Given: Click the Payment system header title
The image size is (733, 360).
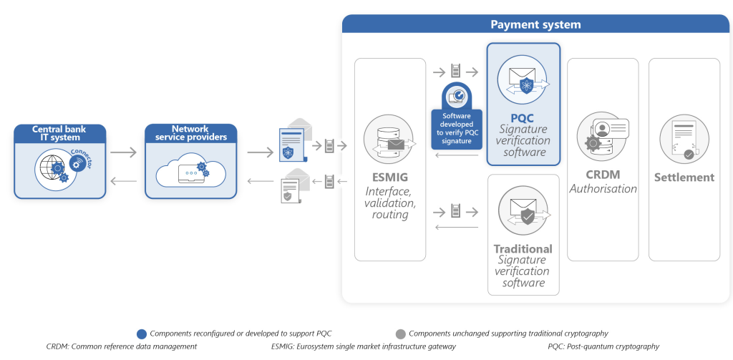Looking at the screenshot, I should click(x=535, y=24).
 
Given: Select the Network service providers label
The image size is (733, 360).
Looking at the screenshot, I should click(x=190, y=133).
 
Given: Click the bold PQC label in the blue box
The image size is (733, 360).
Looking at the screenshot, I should click(x=523, y=117).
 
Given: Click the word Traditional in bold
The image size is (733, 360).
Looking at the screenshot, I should click(x=523, y=249).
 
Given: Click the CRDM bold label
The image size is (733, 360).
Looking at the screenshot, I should click(x=603, y=175).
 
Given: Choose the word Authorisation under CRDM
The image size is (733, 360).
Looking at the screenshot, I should click(x=603, y=189).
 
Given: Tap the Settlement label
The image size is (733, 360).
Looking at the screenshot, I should click(x=684, y=177).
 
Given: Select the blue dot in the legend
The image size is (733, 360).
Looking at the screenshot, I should click(x=142, y=334).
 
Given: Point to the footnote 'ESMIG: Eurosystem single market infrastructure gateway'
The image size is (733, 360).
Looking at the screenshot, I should click(x=363, y=346).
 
